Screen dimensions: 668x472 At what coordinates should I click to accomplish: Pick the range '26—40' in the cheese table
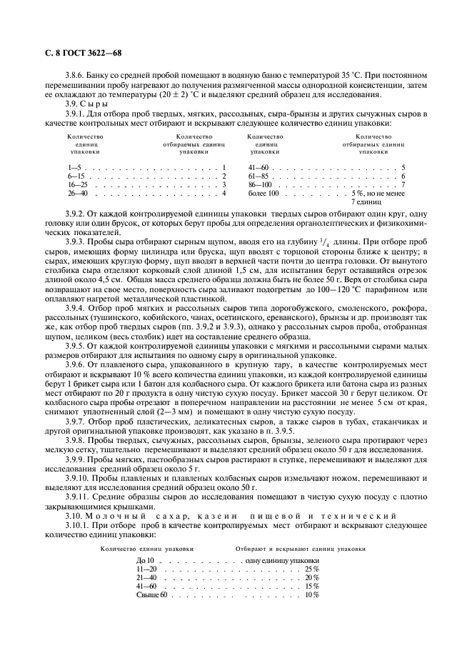(77, 193)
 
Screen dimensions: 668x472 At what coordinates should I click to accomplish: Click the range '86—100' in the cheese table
(260, 184)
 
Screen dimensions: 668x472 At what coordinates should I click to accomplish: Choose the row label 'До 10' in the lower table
(146, 561)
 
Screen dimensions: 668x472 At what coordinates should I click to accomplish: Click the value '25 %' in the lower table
(311, 569)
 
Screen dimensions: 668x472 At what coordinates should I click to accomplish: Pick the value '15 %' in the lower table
(311, 586)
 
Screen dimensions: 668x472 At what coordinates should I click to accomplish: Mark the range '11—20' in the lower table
(146, 569)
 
